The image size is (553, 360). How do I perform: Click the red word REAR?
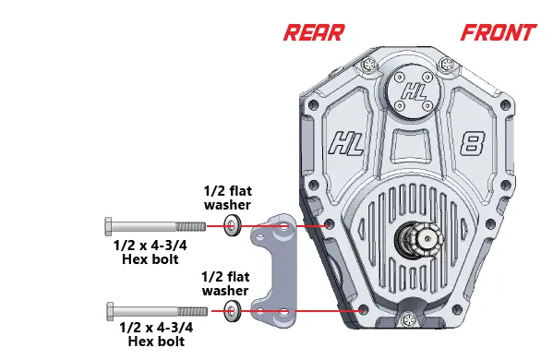313,33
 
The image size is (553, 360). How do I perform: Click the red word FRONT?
498,33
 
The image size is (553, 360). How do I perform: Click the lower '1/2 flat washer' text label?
225,282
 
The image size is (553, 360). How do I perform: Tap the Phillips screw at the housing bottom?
407,319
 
